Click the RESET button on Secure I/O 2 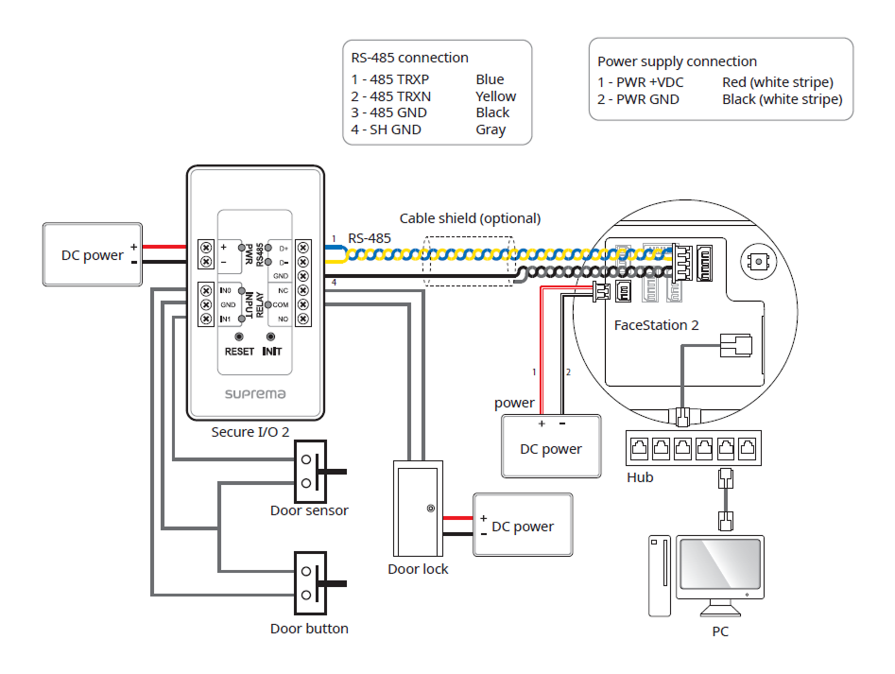pos(239,337)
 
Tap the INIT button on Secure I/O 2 pos(271,337)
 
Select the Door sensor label pos(309,510)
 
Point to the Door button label pos(309,629)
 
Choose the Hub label pos(640,477)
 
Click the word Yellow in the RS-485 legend pos(496,96)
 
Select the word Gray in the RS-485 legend pos(491,130)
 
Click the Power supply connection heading pos(677,61)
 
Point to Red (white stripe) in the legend pos(777,82)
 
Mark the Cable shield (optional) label pos(470,218)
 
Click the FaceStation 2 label pos(657,325)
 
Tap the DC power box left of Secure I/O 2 pos(93,255)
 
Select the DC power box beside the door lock pos(523,527)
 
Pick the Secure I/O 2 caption pos(250,432)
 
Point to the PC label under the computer pos(720,631)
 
